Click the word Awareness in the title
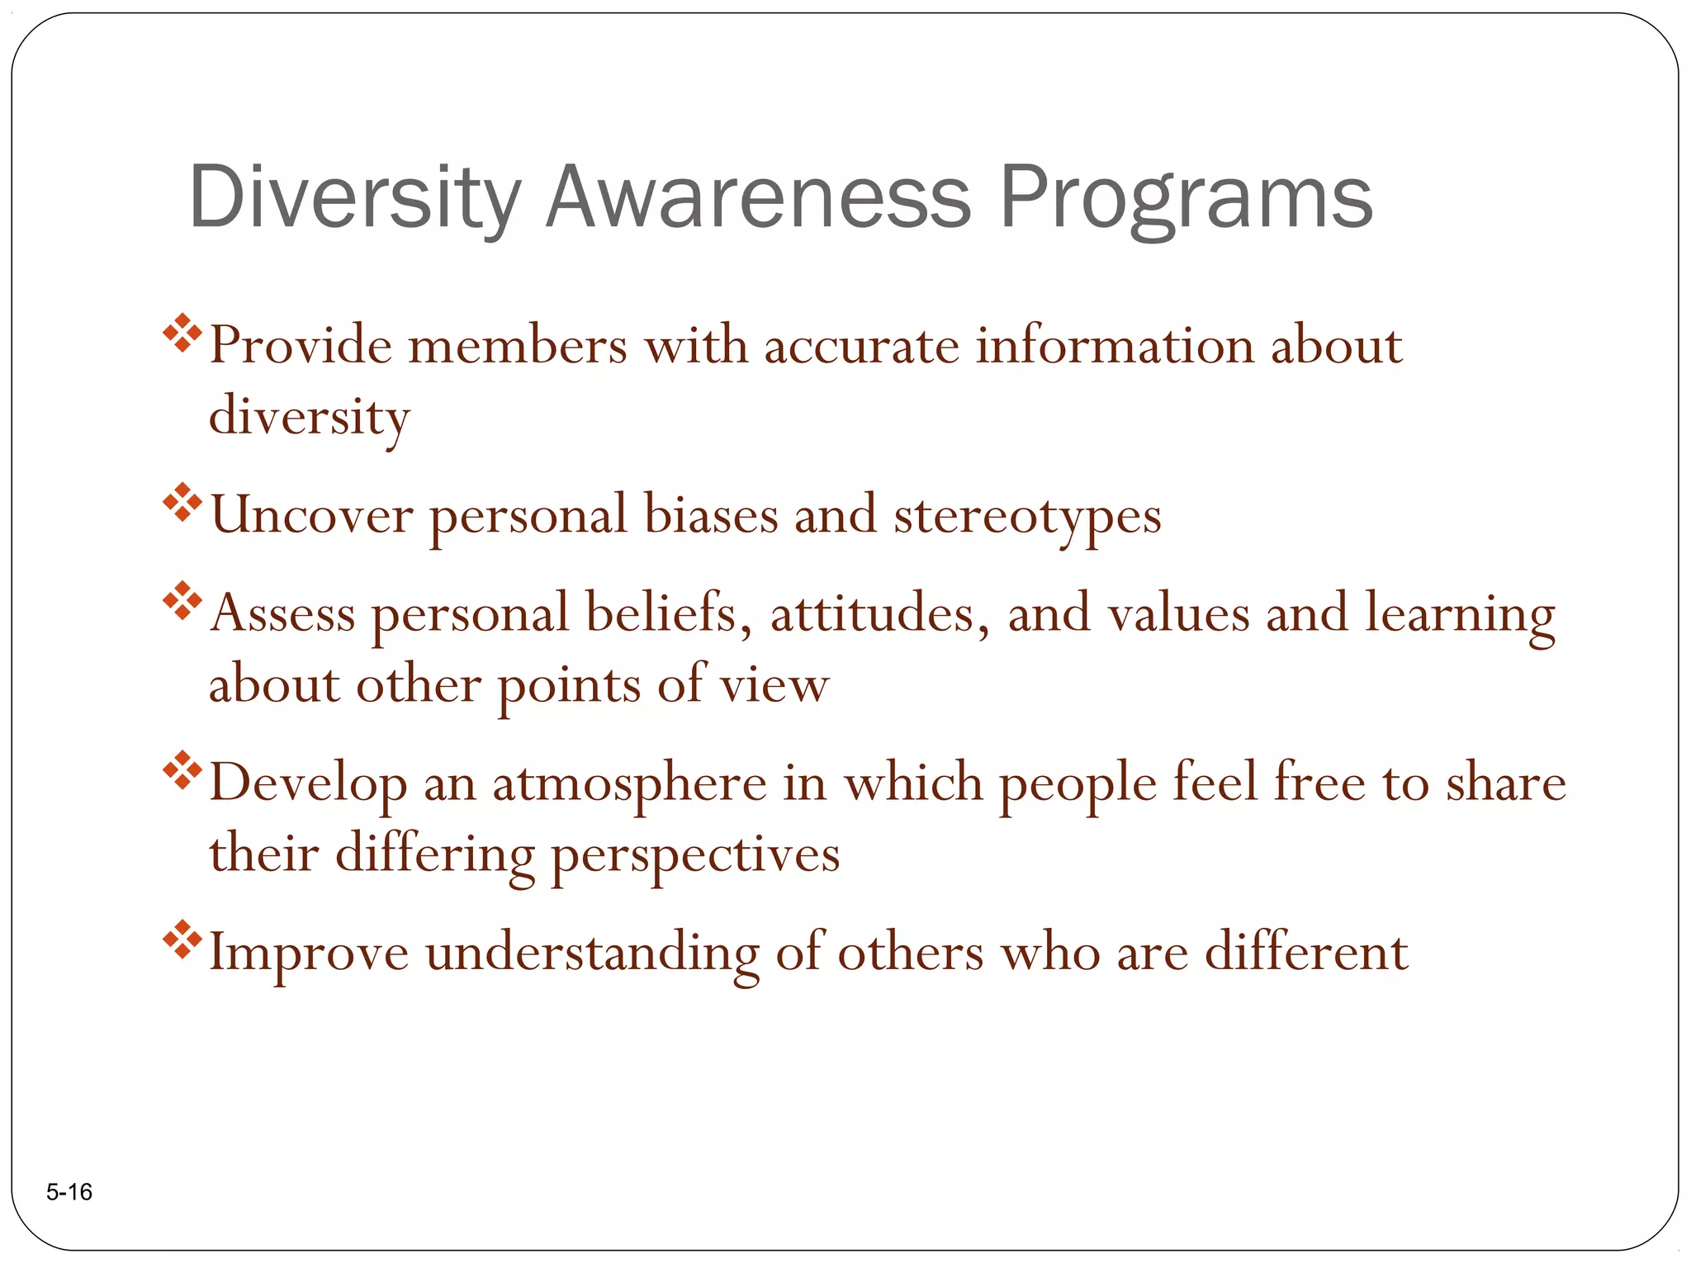pyautogui.click(x=758, y=198)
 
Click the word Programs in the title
pyautogui.click(x=1186, y=198)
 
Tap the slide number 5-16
pyautogui.click(x=69, y=1192)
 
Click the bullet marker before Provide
pyautogui.click(x=182, y=334)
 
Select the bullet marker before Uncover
pyautogui.click(x=182, y=503)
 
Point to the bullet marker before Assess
pyautogui.click(x=182, y=601)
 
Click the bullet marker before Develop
pyautogui.click(x=182, y=770)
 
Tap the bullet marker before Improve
pyautogui.click(x=182, y=939)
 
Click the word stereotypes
pyautogui.click(x=1027, y=517)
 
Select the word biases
pyautogui.click(x=711, y=515)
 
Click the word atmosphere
pyautogui.click(x=629, y=784)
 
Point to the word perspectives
pyautogui.click(x=695, y=855)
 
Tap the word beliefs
pyautogui.click(x=668, y=614)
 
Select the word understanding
pyautogui.click(x=592, y=954)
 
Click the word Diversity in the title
pyautogui.click(x=355, y=198)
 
